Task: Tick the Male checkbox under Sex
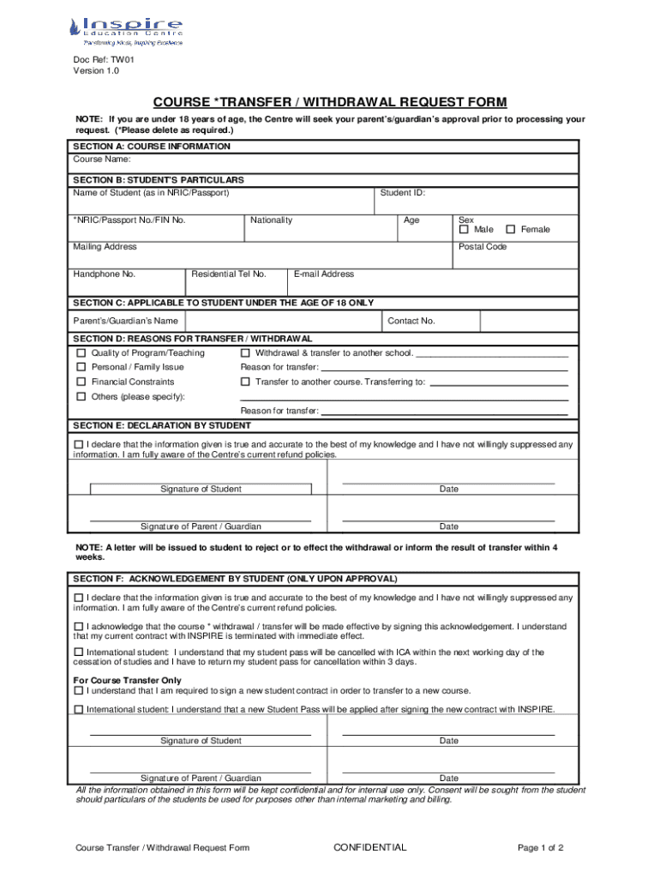tap(464, 230)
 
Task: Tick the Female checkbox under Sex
tap(511, 230)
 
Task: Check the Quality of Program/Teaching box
tap(81, 353)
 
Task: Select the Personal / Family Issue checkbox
tap(81, 367)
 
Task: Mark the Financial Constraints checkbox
tap(81, 382)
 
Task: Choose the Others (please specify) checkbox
tap(81, 397)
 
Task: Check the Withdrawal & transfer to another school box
tap(245, 353)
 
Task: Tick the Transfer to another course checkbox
tap(245, 382)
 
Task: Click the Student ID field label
tap(402, 193)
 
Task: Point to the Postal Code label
tap(483, 247)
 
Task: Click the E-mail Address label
tap(323, 274)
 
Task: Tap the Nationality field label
tap(271, 220)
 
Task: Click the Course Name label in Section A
tap(101, 159)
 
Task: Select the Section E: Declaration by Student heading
tap(162, 425)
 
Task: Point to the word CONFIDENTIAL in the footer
tap(369, 848)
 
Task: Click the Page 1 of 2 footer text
tap(540, 848)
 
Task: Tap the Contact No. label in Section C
tap(411, 321)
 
